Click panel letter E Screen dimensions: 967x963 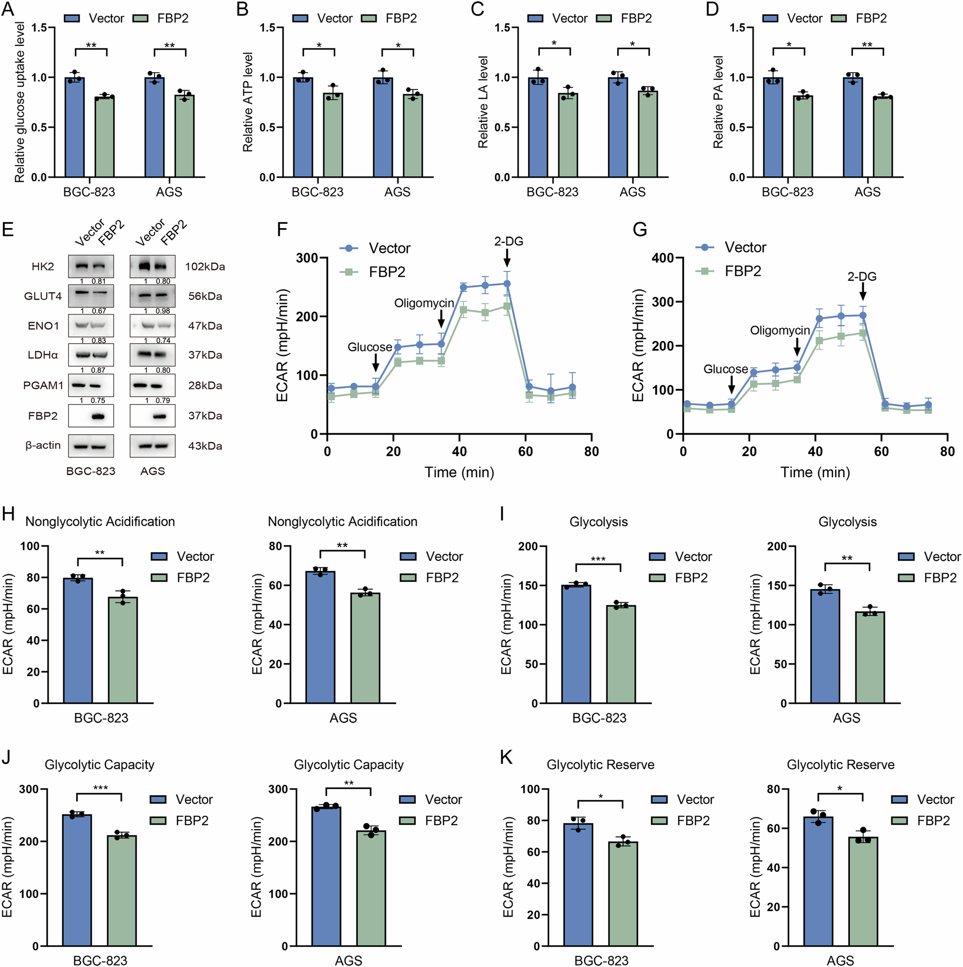pyautogui.click(x=7, y=230)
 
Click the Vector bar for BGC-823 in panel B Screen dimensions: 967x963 pyautogui.click(x=302, y=128)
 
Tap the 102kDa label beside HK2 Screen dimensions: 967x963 pyautogui.click(x=205, y=267)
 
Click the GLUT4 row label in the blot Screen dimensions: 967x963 pyautogui.click(x=42, y=296)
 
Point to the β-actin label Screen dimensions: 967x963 pyautogui.click(x=43, y=445)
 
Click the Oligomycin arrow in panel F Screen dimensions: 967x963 pyautogui.click(x=441, y=318)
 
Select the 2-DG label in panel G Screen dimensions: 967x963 pyautogui.click(x=862, y=277)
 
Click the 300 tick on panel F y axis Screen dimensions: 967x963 pyautogui.click(x=307, y=258)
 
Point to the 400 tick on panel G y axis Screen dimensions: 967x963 pyautogui.click(x=663, y=258)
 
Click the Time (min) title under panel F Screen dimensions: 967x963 pyautogui.click(x=459, y=472)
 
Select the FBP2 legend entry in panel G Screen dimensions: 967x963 pyautogui.click(x=743, y=271)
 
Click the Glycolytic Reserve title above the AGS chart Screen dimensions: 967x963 pyautogui.click(x=840, y=765)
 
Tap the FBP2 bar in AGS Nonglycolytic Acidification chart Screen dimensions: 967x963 pyautogui.click(x=365, y=648)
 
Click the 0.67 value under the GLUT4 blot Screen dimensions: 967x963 pyautogui.click(x=98, y=311)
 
